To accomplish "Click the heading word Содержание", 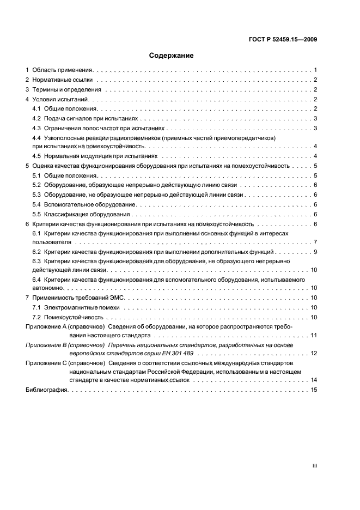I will click(x=172, y=56).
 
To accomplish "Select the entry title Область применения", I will click(x=63, y=70).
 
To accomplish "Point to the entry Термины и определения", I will click(x=66, y=90).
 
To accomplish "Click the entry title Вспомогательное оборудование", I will click(x=90, y=204).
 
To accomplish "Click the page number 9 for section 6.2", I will click(x=315, y=252).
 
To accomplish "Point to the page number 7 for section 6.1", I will click(x=315, y=242).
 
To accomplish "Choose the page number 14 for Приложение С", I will click(x=314, y=380).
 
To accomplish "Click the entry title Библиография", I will click(x=47, y=391).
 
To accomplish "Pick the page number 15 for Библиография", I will click(x=314, y=391).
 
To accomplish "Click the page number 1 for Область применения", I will click(x=315, y=70).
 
